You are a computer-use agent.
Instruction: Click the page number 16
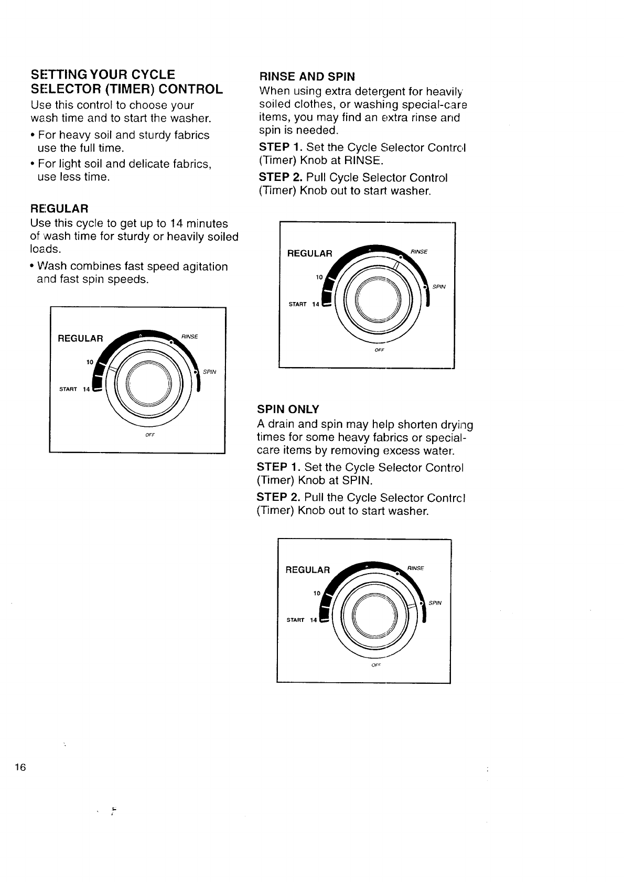coord(20,767)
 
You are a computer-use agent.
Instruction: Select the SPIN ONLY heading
coord(288,409)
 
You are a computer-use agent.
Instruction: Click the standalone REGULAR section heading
coord(59,208)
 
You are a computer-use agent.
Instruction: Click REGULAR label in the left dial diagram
coord(80,338)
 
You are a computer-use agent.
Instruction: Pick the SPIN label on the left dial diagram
coord(210,372)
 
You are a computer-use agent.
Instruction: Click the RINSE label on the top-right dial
coord(419,252)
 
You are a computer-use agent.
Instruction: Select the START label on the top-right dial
coord(297,305)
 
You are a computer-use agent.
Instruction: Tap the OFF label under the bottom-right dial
coord(375,665)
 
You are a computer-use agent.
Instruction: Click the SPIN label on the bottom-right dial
coord(435,603)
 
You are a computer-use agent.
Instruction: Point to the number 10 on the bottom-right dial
coord(316,593)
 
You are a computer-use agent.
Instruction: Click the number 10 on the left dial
coord(89,362)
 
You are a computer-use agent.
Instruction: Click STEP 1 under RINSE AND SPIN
coord(281,147)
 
